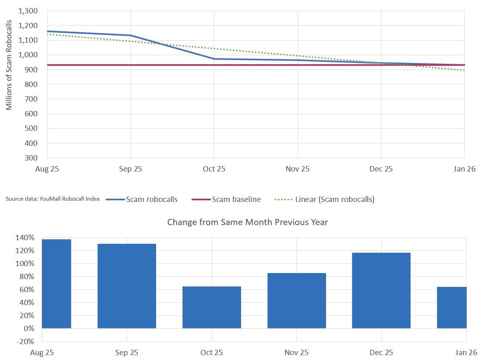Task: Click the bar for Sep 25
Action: (x=127, y=286)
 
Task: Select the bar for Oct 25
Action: (x=212, y=307)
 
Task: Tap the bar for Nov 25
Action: (x=297, y=301)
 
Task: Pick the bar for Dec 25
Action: (x=381, y=290)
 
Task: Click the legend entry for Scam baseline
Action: (x=236, y=199)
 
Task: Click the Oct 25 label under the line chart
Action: (x=214, y=169)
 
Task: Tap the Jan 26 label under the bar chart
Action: (x=466, y=352)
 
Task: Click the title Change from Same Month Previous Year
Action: (x=248, y=222)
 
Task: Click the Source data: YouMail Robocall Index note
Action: (x=53, y=199)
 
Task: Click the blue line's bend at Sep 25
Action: (x=130, y=35)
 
